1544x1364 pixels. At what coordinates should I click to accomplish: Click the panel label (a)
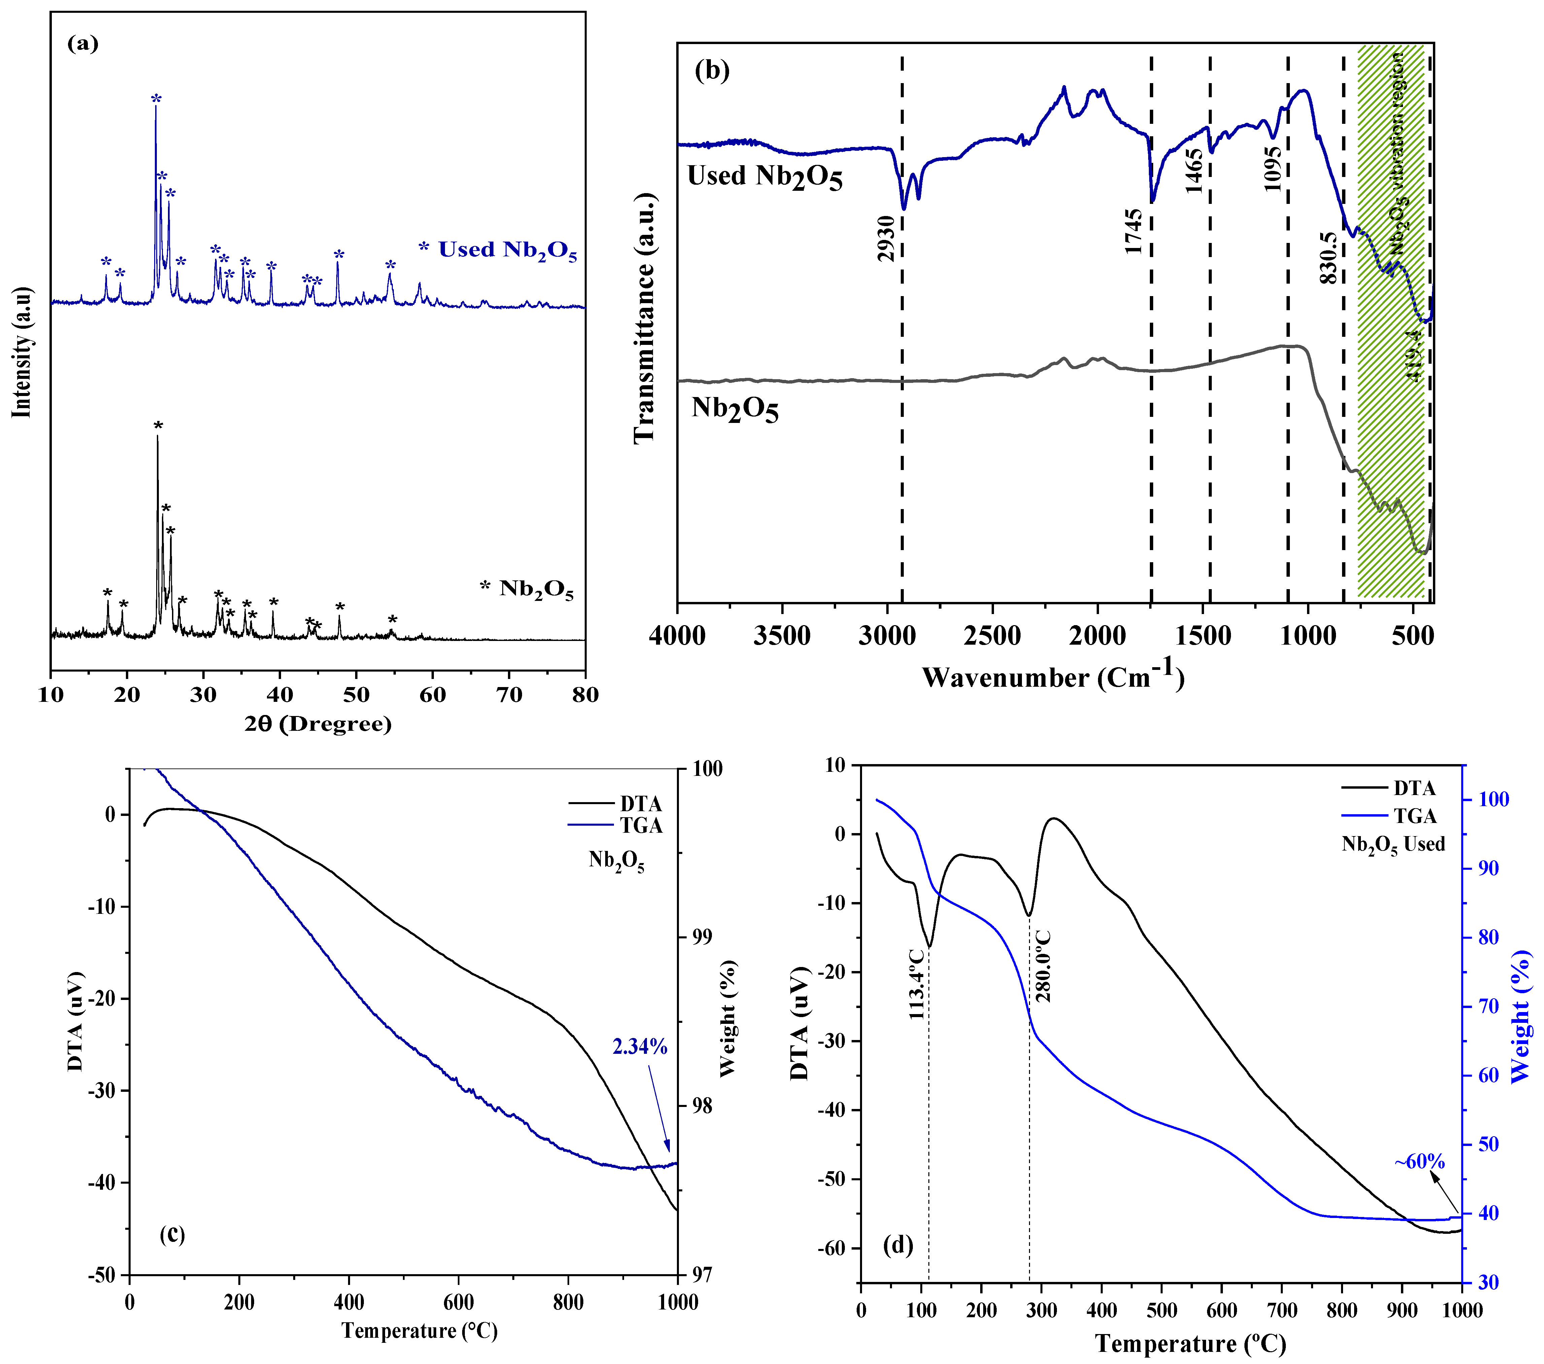(83, 44)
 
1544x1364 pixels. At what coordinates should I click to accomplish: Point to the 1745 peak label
(1133, 232)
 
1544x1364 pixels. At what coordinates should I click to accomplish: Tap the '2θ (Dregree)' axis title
(318, 723)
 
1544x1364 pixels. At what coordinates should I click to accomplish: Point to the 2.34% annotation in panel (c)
(640, 1047)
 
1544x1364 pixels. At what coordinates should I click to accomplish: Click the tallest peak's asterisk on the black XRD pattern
(158, 426)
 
